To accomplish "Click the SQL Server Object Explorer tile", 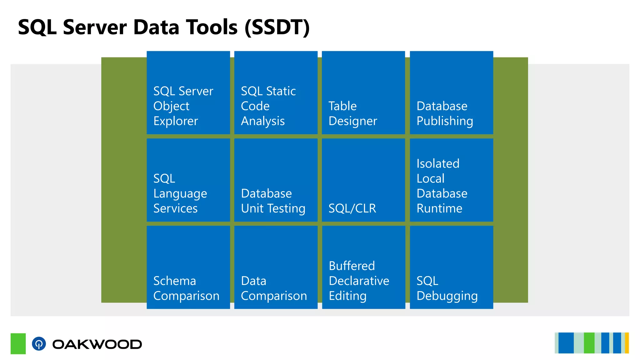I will (x=188, y=93).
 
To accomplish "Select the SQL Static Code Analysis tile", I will (x=276, y=93).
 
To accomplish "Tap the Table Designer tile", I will (x=363, y=93).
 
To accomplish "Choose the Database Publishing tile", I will (x=451, y=93).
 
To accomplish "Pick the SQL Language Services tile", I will (x=188, y=180).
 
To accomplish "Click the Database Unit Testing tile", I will (x=276, y=180).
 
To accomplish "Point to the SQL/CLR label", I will (x=352, y=208).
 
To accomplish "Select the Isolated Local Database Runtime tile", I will (x=451, y=180).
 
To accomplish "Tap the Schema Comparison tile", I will (x=188, y=267).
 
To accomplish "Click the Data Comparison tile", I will (x=276, y=267).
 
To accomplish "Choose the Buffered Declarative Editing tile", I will (x=363, y=267).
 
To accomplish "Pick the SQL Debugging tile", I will (x=451, y=267).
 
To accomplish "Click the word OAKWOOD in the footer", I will (x=97, y=344).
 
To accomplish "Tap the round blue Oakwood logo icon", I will (x=39, y=344).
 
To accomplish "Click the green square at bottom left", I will (x=18, y=343).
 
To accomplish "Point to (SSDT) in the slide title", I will (x=277, y=27).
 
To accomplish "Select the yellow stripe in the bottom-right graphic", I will (x=627, y=343).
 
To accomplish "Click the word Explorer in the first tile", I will (x=176, y=121).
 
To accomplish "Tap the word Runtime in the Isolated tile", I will (x=439, y=208).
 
